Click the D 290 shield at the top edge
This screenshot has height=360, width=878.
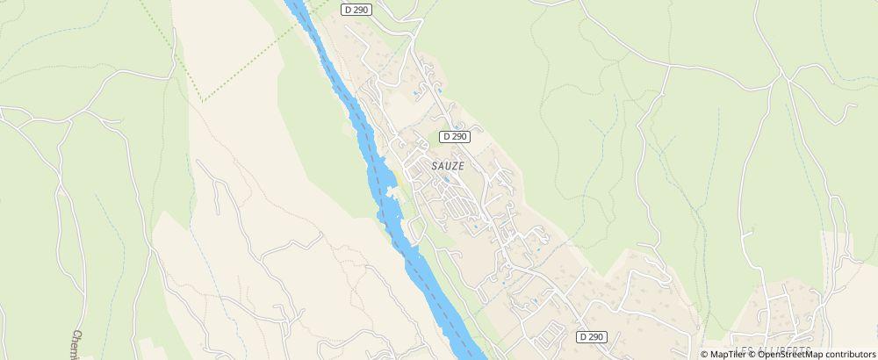pyautogui.click(x=356, y=9)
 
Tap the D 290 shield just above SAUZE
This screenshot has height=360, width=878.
pyautogui.click(x=454, y=136)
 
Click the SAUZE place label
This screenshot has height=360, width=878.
pyautogui.click(x=448, y=164)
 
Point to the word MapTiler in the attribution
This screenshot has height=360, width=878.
pyautogui.click(x=728, y=354)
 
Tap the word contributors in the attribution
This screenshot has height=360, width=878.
pyautogui.click(x=847, y=354)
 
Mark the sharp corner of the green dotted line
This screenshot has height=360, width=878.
pyautogui.click(x=202, y=101)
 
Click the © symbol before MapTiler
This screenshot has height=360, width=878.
pyautogui.click(x=705, y=354)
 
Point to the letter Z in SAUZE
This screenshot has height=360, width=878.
pyautogui.click(x=453, y=164)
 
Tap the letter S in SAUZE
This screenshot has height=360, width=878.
pyautogui.click(x=434, y=164)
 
